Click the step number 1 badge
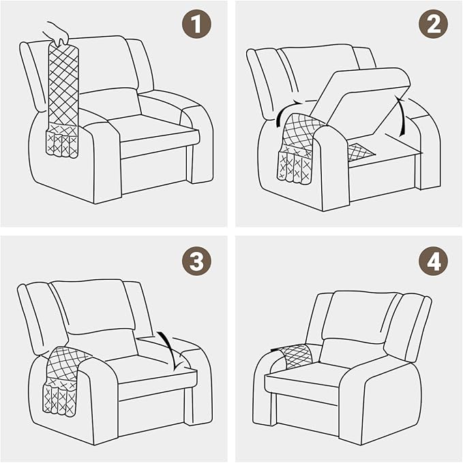pyautogui.click(x=196, y=26)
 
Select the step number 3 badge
pyautogui.click(x=196, y=261)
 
